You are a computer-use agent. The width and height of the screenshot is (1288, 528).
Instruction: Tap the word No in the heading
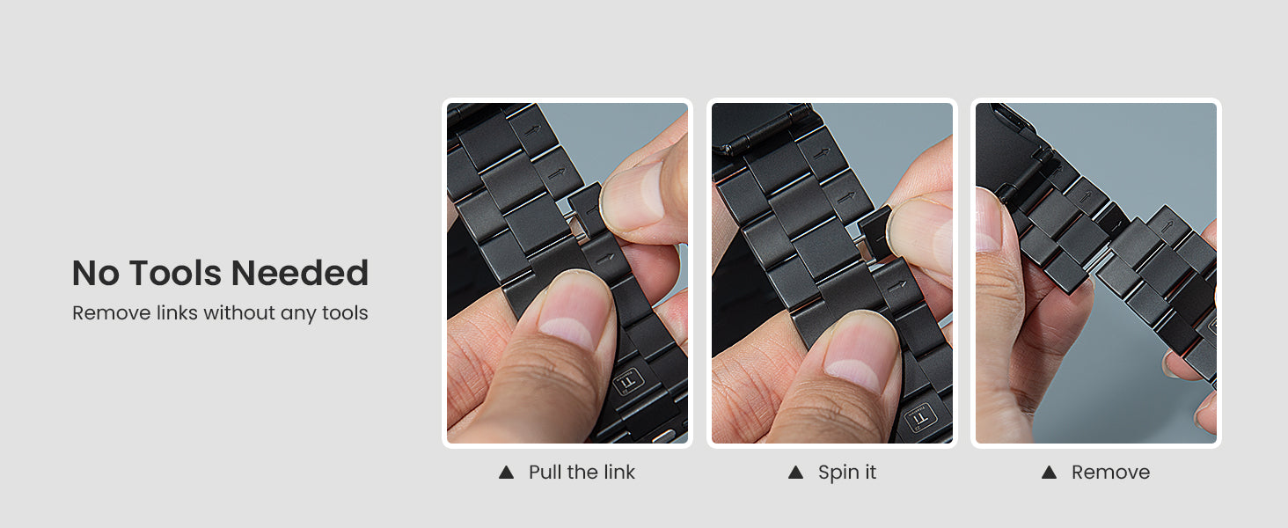[96, 274]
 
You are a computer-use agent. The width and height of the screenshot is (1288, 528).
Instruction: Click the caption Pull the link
[582, 473]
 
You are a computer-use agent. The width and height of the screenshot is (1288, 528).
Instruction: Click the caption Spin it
[847, 473]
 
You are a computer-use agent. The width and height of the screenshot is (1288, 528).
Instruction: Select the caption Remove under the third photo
[1110, 473]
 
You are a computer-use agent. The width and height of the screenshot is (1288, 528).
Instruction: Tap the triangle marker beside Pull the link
[506, 473]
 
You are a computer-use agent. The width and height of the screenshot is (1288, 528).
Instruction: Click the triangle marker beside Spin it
[795, 473]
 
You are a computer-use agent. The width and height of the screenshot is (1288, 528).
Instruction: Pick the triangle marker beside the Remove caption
[1049, 473]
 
